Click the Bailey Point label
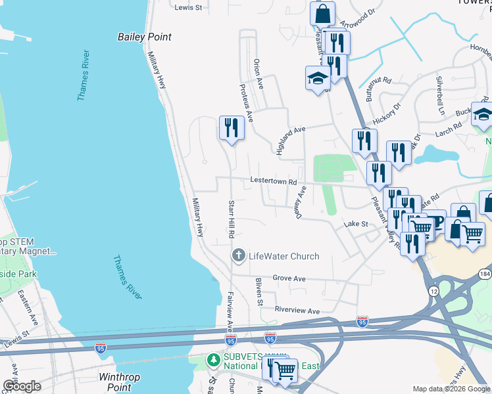point(144,37)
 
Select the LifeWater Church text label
point(283,256)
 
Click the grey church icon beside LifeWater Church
point(238,255)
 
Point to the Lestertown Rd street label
point(274,182)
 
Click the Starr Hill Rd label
point(232,219)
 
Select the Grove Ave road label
point(289,279)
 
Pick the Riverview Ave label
point(297,311)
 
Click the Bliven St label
point(259,292)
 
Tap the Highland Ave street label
point(291,140)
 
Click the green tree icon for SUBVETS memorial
point(213,360)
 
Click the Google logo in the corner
point(22,385)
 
